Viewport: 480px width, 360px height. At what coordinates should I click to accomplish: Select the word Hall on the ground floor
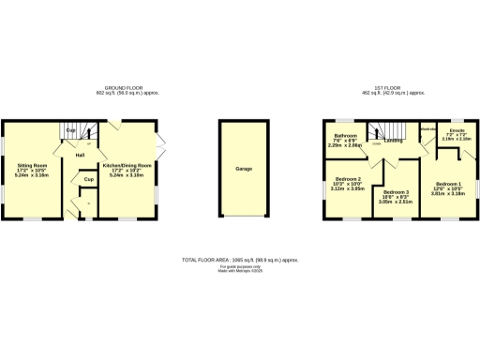tap(81, 155)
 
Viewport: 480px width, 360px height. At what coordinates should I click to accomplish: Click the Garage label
tap(244, 169)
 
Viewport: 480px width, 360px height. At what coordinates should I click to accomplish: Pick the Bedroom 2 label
tap(347, 178)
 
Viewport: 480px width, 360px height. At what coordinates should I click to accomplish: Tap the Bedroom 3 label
tap(396, 191)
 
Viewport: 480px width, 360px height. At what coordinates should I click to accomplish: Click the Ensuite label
tap(457, 130)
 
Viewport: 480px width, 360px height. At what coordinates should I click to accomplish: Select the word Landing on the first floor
tap(394, 142)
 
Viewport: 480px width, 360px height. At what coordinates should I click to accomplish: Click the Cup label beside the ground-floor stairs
tap(70, 130)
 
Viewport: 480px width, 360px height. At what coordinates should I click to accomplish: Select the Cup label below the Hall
tap(87, 178)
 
